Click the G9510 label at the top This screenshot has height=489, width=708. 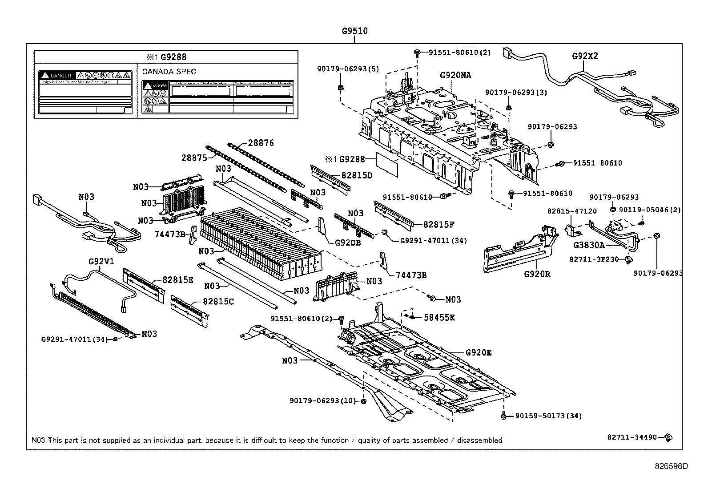tap(354, 31)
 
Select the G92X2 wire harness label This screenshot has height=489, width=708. tap(585, 56)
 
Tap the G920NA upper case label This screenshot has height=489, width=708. tap(455, 75)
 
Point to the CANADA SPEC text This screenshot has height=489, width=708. tap(169, 72)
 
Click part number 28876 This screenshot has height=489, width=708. tap(261, 143)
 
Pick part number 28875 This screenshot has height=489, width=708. tap(194, 158)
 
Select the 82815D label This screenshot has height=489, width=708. tap(357, 175)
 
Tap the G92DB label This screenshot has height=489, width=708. tap(348, 242)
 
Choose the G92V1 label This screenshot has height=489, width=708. tap(101, 262)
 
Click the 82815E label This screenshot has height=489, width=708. tap(178, 280)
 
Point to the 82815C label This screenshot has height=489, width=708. tap(218, 301)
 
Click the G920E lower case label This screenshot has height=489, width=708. tap(479, 353)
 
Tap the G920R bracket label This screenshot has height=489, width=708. tap(537, 274)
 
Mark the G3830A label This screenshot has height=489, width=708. tap(589, 245)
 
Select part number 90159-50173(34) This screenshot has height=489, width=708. tap(548, 416)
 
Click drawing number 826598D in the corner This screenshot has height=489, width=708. tap(671, 466)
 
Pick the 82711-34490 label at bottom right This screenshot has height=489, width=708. tap(632, 437)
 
